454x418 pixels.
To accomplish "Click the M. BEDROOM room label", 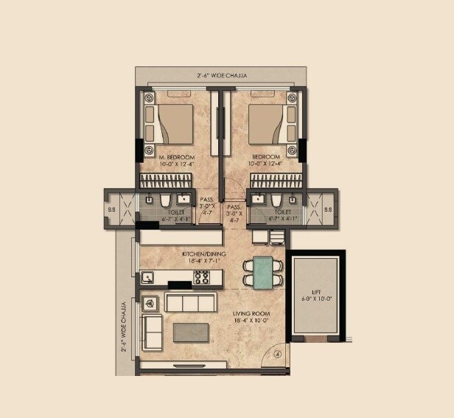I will pyautogui.click(x=176, y=157).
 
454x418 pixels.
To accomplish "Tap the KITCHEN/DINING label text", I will pyautogui.click(x=204, y=254).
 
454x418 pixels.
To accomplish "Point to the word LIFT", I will pyautogui.click(x=315, y=291).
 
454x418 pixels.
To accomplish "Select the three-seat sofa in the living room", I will pyautogui.click(x=190, y=303).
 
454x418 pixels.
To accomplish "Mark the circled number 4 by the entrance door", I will pyautogui.click(x=278, y=354).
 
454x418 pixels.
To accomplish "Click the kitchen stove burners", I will pyautogui.click(x=201, y=277).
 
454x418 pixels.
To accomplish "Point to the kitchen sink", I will pyautogui.click(x=148, y=278).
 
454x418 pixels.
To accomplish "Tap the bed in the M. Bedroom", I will pyautogui.click(x=175, y=123).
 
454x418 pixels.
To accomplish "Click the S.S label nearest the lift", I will pyautogui.click(x=328, y=209).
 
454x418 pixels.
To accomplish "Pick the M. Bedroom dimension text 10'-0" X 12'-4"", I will pyautogui.click(x=176, y=164).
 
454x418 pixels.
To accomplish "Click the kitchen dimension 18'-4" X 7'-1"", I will pyautogui.click(x=204, y=261).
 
